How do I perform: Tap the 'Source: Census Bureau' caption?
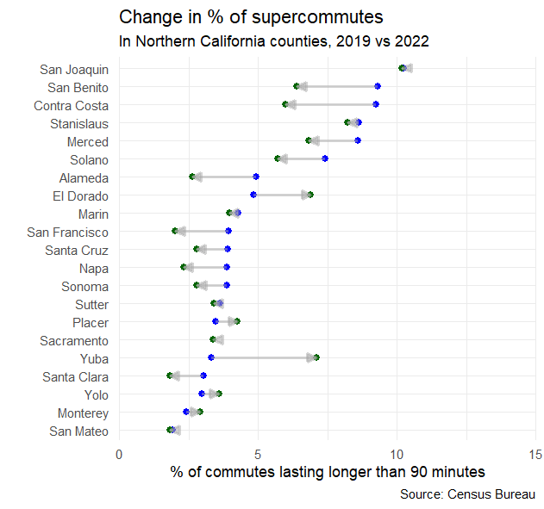pyautogui.click(x=467, y=494)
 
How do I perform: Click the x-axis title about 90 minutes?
pyautogui.click(x=328, y=472)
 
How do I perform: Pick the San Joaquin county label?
pyautogui.click(x=74, y=69)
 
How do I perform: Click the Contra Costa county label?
pyautogui.click(x=71, y=105)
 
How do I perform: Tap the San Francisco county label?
pyautogui.click(x=67, y=232)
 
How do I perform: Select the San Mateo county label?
pyautogui.click(x=78, y=431)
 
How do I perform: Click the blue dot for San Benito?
pyautogui.click(x=378, y=86)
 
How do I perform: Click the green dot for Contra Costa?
pyautogui.click(x=285, y=104)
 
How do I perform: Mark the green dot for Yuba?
pyautogui.click(x=316, y=357)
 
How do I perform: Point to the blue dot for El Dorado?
pyautogui.click(x=253, y=195)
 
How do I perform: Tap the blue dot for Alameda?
pyautogui.click(x=256, y=177)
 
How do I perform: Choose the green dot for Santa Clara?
pyautogui.click(x=170, y=376)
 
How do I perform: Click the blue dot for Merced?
pyautogui.click(x=358, y=140)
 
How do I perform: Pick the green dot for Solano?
pyautogui.click(x=278, y=158)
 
